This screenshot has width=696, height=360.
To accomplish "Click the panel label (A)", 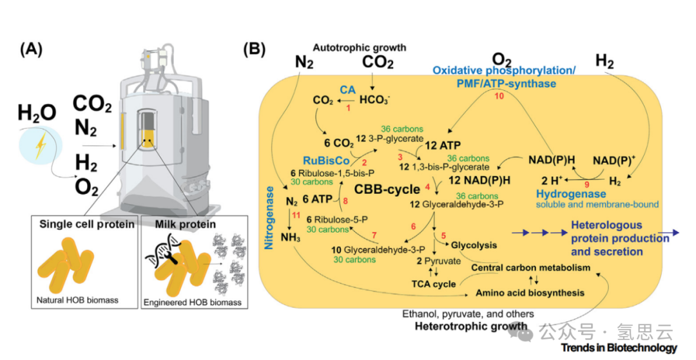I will pos(32,50).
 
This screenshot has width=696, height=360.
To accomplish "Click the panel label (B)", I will pos(256,50).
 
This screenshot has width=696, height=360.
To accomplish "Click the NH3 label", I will pos(291,237).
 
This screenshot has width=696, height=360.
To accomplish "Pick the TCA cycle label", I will pos(434,283).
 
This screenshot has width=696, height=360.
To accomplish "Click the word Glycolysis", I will pos(474,245).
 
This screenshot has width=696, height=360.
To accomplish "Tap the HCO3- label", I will pos(374,100).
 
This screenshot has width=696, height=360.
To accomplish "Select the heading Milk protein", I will pos(185,223).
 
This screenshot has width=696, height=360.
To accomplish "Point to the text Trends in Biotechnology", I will pos(619,348).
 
